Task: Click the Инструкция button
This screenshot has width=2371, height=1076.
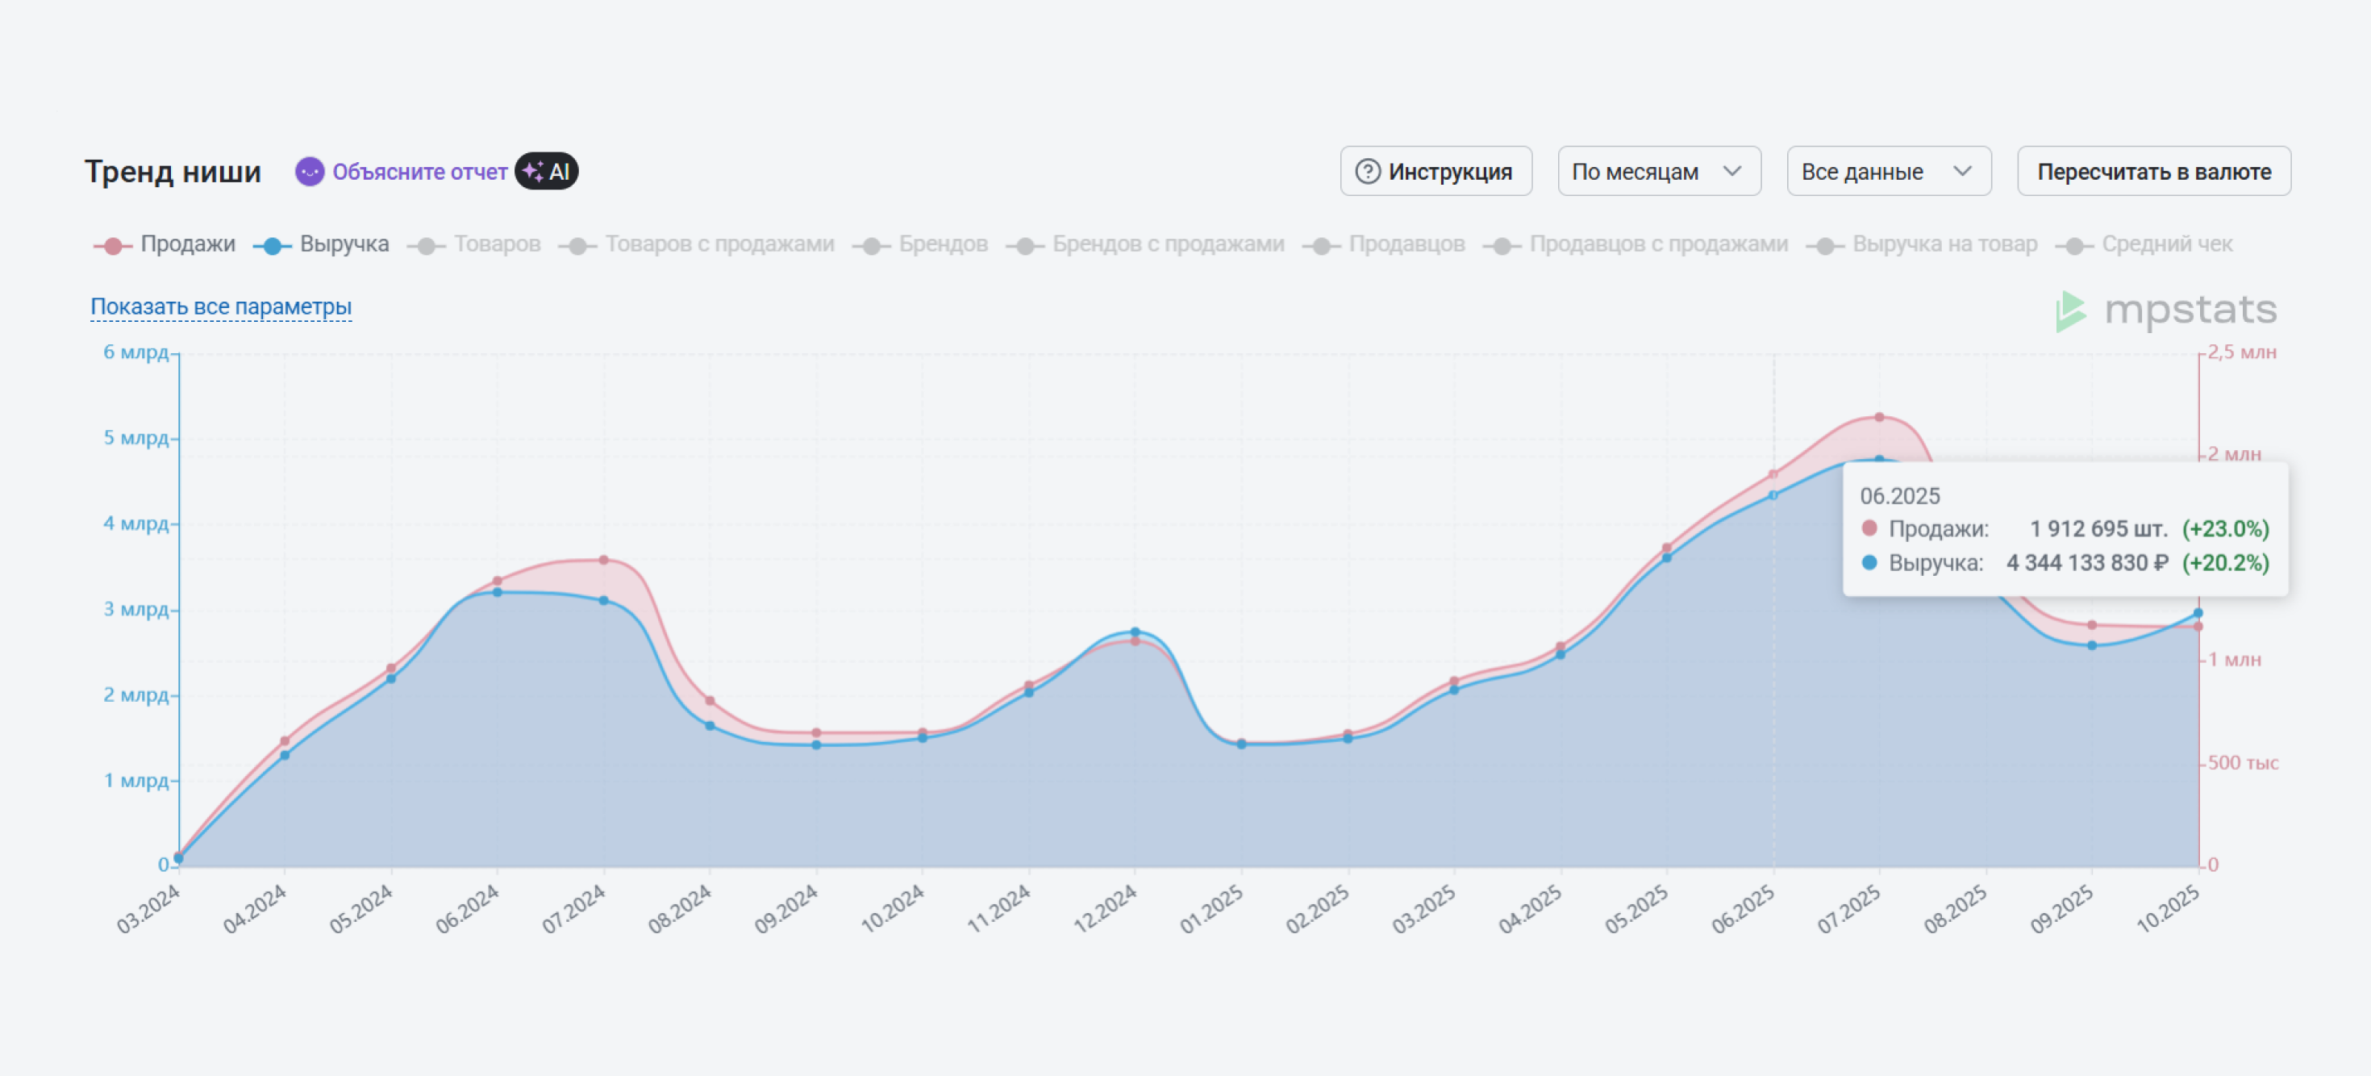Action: coord(1436,171)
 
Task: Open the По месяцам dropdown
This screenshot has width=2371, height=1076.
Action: coord(1659,171)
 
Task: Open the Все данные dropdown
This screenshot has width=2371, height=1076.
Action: coord(1888,171)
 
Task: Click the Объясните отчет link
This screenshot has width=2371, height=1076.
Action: coord(419,172)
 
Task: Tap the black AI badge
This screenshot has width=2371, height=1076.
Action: coord(547,171)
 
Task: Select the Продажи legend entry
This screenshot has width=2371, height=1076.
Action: coord(165,244)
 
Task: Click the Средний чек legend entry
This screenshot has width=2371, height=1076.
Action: coord(2150,244)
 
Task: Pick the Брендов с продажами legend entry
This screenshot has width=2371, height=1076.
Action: coord(1146,244)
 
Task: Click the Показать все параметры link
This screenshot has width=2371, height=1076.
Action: coord(221,307)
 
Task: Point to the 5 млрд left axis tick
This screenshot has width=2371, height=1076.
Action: coord(135,437)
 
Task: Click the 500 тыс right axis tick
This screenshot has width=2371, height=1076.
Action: coord(2242,762)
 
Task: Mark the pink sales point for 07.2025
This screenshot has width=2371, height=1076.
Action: coord(1880,417)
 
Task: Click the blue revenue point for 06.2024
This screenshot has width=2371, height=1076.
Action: coord(497,592)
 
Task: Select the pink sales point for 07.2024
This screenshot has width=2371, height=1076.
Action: coord(604,560)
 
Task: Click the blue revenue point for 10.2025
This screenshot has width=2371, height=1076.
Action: coord(2198,612)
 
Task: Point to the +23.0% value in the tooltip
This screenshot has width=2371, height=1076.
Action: coord(2226,529)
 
